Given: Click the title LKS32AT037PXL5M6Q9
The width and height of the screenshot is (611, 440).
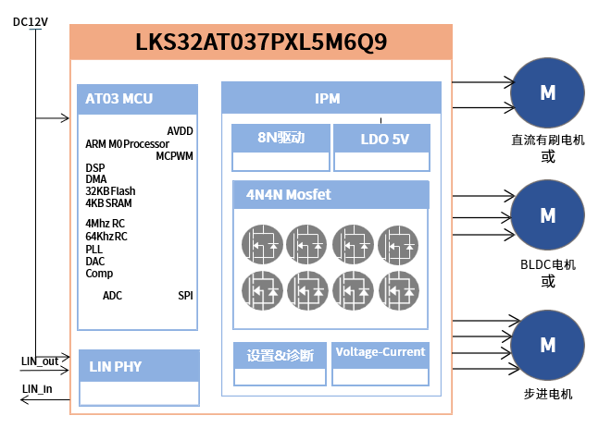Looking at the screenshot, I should click(261, 43).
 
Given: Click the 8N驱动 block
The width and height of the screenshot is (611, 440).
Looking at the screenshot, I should click(281, 140).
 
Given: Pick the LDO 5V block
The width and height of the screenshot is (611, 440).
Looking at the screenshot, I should click(383, 140).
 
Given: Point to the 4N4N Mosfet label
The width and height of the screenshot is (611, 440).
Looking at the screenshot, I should click(288, 195).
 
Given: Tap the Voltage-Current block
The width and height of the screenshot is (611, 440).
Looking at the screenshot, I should click(380, 352).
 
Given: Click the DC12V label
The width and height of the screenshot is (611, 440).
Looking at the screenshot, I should click(31, 21).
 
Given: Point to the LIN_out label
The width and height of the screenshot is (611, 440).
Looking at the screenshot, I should click(40, 361).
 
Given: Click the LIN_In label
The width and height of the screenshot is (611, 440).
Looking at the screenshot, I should click(37, 388).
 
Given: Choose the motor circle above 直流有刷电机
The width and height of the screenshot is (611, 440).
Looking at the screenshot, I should click(548, 93).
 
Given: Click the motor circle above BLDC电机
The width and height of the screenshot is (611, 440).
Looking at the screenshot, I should click(548, 216).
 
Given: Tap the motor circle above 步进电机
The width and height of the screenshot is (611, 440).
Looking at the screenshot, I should click(548, 345).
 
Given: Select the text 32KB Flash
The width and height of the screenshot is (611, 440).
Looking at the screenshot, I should click(110, 191).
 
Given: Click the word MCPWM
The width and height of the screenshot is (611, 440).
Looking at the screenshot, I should click(174, 156).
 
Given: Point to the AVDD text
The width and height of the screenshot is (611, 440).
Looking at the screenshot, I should click(180, 131).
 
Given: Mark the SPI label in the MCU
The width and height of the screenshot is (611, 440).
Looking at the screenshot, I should click(185, 296).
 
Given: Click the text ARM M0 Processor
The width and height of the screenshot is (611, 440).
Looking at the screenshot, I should click(127, 144).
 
